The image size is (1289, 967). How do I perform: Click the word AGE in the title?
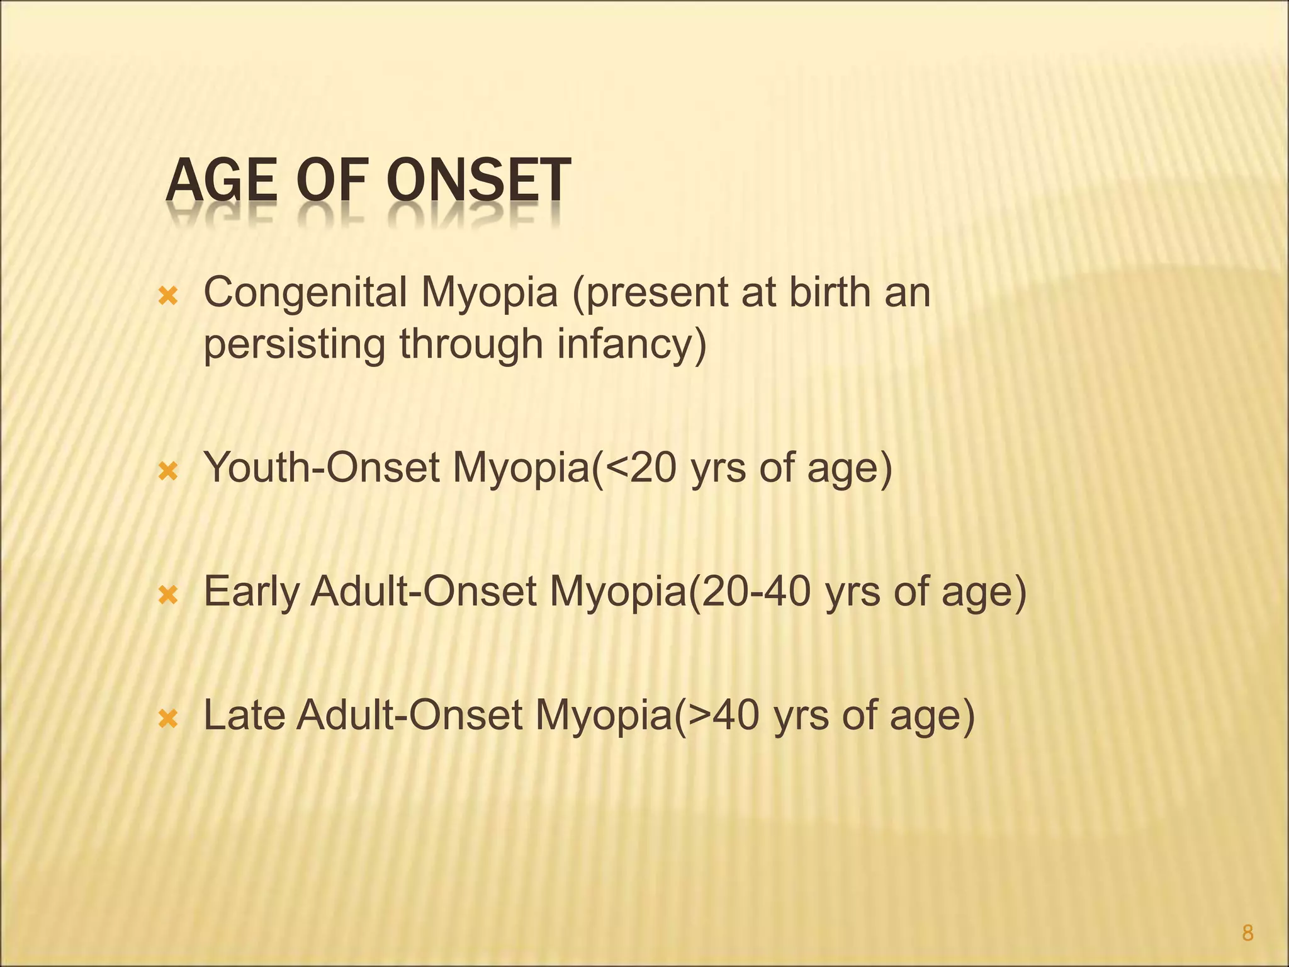pos(220,181)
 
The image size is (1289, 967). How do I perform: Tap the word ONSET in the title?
pos(478,181)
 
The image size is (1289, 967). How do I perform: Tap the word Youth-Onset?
pos(322,468)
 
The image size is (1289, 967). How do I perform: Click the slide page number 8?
pos(1247,933)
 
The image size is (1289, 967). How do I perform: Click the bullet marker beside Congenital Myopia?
pos(169,297)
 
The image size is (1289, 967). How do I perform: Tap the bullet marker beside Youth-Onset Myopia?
pos(169,472)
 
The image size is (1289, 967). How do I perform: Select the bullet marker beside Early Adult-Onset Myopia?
pos(169,595)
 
